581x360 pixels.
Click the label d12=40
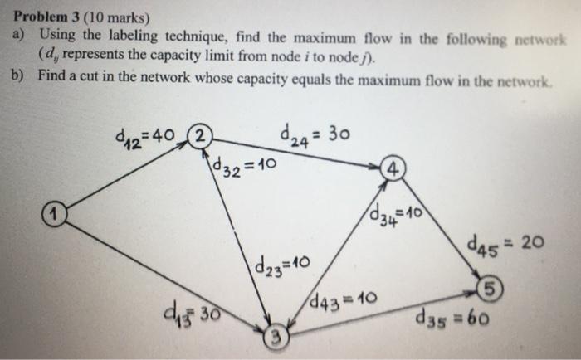148,136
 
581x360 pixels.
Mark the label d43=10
338,297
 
